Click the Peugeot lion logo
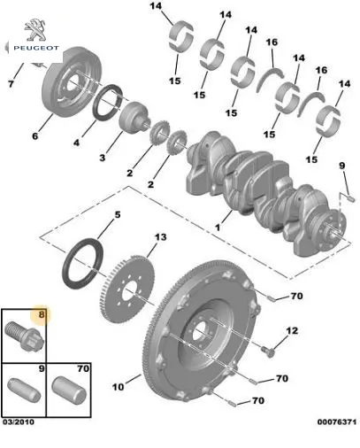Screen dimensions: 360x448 (x=35, y=29)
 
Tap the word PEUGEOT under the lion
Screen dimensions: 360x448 (x=36, y=48)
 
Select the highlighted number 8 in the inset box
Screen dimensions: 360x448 (x=42, y=314)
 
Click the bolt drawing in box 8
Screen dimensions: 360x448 (x=25, y=336)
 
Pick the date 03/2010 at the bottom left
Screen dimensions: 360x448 (x=19, y=422)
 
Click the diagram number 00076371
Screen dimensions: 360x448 (x=337, y=422)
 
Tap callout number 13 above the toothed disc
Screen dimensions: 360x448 (x=161, y=237)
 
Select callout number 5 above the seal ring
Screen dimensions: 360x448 (x=118, y=214)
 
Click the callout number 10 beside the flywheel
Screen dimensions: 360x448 (x=119, y=387)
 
